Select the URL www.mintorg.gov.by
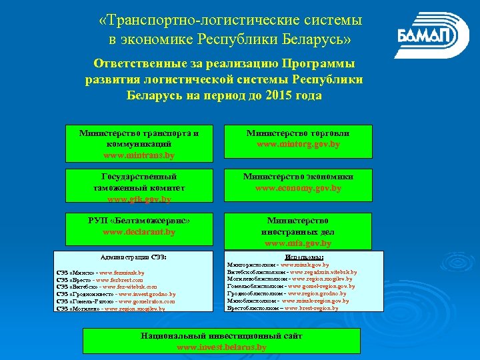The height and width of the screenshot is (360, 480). (299, 144)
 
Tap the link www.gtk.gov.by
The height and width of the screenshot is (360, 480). (139, 199)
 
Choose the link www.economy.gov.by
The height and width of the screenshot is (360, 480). (299, 188)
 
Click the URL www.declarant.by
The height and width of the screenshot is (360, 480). (139, 232)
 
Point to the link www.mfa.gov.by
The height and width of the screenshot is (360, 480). (299, 243)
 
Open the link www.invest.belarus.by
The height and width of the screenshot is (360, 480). (221, 347)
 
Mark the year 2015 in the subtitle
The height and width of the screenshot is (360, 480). (284, 95)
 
